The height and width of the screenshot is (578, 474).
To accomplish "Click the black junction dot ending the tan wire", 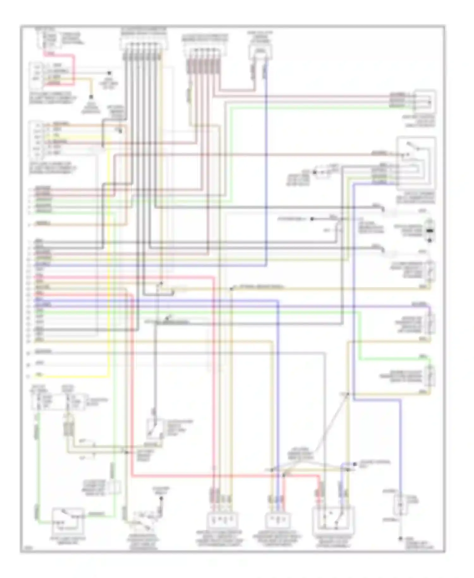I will [91, 97].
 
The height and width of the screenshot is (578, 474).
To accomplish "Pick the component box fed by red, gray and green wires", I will [425, 101].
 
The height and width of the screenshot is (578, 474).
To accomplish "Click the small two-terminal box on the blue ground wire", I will [400, 504].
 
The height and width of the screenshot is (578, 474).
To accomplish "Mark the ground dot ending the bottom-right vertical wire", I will [400, 538].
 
